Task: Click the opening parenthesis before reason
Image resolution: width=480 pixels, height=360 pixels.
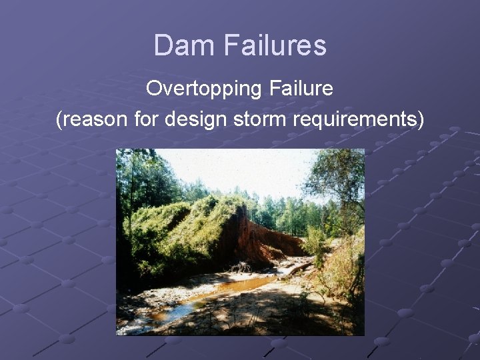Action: click(x=59, y=120)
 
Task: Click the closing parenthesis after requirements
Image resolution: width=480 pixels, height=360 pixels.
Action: click(x=420, y=120)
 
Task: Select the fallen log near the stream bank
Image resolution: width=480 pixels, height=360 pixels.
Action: click(x=300, y=268)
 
